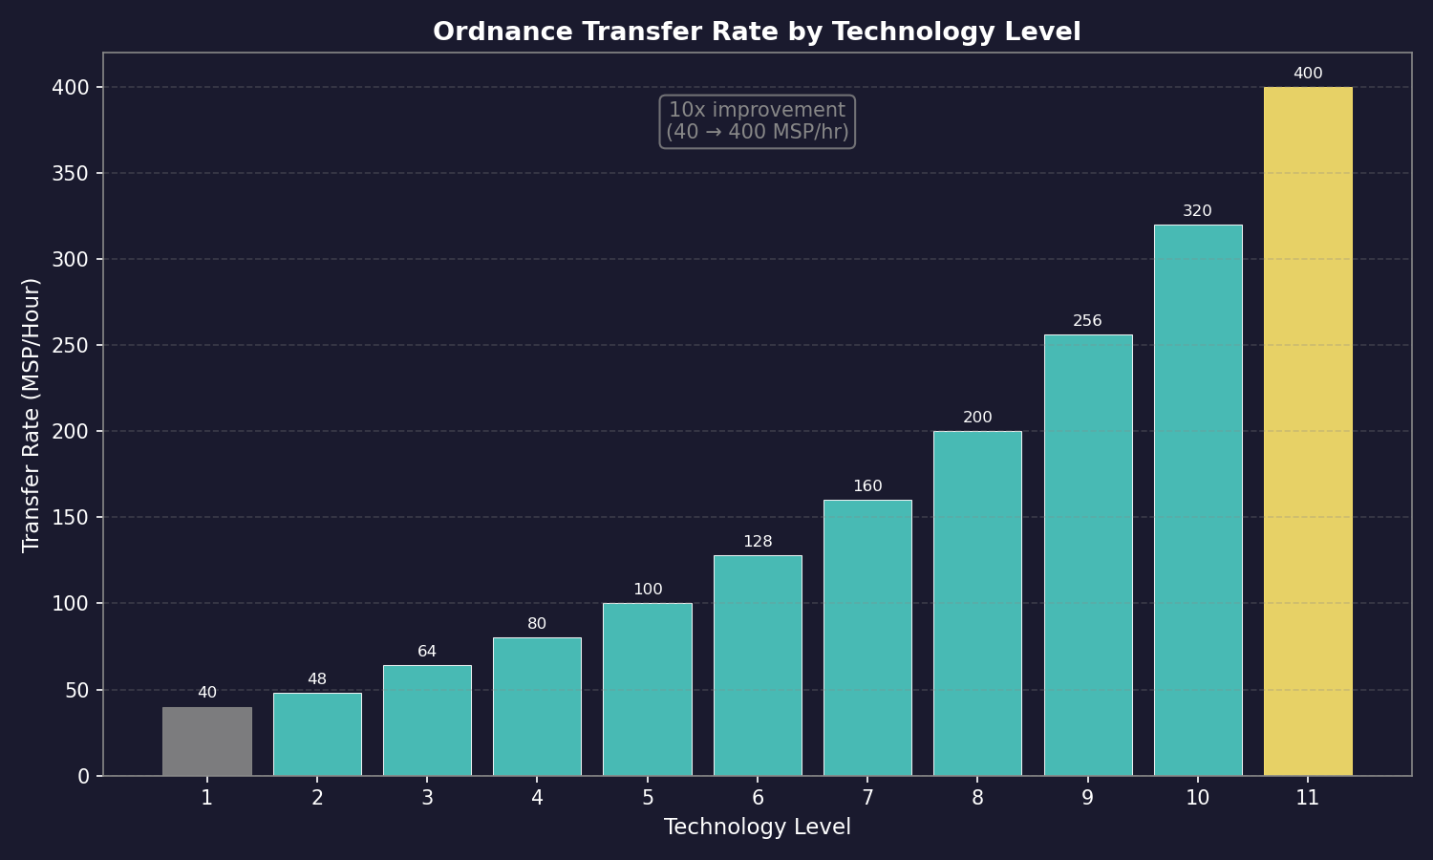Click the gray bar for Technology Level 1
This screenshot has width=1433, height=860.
[x=207, y=742]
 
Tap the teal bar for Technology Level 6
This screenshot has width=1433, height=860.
[x=758, y=666]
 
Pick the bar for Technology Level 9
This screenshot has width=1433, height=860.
[x=1088, y=555]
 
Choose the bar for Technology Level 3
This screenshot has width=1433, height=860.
[x=427, y=720]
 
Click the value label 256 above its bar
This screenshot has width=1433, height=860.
[x=1087, y=321]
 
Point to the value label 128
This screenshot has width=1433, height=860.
[x=758, y=542]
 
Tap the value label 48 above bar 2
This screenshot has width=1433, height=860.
[x=317, y=679]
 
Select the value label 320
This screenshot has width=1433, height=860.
[x=1197, y=211]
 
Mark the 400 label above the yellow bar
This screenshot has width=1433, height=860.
[x=1308, y=74]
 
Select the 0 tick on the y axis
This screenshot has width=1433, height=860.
[x=83, y=777]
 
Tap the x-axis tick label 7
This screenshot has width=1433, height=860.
[x=867, y=798]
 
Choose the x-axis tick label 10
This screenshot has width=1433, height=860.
[x=1197, y=798]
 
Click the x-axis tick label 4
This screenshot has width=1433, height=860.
[x=537, y=798]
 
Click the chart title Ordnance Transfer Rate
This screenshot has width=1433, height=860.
[x=757, y=32]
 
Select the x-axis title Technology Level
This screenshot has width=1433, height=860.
[x=757, y=828]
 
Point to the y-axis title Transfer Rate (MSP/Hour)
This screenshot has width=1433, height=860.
[x=32, y=415]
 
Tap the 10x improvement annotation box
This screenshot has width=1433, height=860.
[x=757, y=121]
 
